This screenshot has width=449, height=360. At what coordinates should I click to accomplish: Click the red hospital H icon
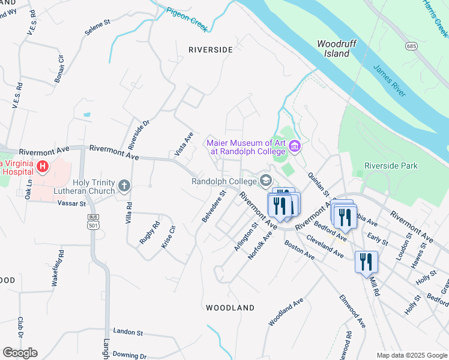coord(42,166)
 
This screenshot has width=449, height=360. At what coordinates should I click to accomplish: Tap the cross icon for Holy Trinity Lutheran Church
coord(124,185)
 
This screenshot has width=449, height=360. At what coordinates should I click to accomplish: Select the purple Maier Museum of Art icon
coord(294,146)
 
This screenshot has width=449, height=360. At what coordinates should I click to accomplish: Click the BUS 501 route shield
coord(92,221)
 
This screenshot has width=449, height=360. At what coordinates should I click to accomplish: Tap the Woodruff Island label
coord(333,49)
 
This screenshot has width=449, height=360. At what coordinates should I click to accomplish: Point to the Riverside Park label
coord(391,166)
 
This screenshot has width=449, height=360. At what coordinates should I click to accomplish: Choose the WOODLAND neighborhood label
coord(230,308)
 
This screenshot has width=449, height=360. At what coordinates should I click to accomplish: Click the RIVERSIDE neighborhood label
coord(210,50)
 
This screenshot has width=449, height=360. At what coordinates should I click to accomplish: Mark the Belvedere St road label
coord(213,206)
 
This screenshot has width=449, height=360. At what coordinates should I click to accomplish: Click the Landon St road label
coord(127,332)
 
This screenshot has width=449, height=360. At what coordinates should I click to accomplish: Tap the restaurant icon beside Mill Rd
coord(366,262)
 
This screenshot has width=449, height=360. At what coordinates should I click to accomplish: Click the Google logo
coord(20,353)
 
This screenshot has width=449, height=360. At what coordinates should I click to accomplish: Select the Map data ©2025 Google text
coord(411,355)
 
